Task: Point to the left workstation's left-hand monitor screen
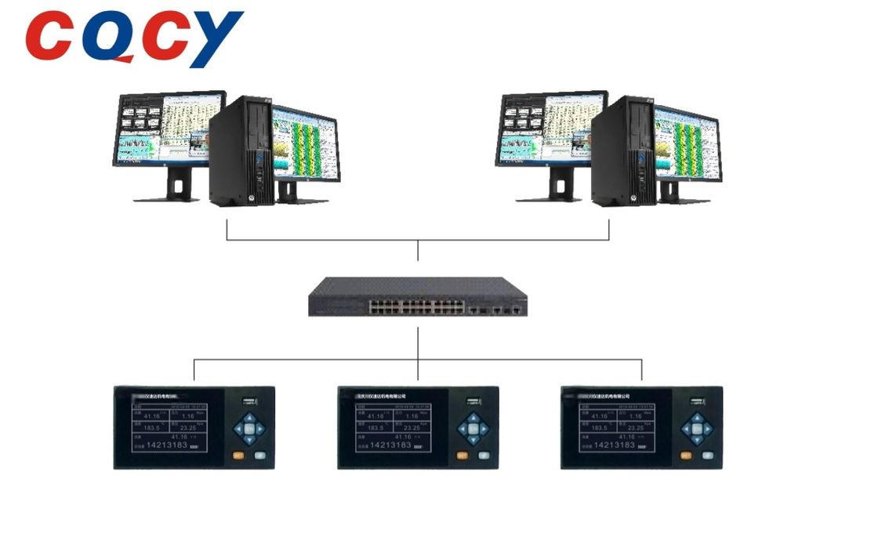[161, 129]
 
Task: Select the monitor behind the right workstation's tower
[687, 145]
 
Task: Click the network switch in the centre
[417, 296]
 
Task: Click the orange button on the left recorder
[238, 455]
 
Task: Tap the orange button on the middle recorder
[462, 455]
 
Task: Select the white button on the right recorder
[708, 455]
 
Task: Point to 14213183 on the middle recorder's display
[380, 445]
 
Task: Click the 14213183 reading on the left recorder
[165, 445]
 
